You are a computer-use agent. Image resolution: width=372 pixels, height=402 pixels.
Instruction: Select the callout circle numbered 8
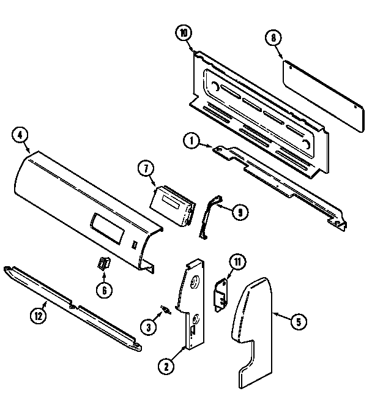(273, 38)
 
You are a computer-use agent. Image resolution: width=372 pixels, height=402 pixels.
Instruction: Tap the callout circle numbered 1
(192, 141)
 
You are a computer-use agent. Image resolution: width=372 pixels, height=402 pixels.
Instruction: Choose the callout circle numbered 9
(239, 212)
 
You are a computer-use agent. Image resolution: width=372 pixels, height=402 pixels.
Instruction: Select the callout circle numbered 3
(147, 327)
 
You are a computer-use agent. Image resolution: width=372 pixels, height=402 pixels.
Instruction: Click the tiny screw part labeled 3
(164, 310)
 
